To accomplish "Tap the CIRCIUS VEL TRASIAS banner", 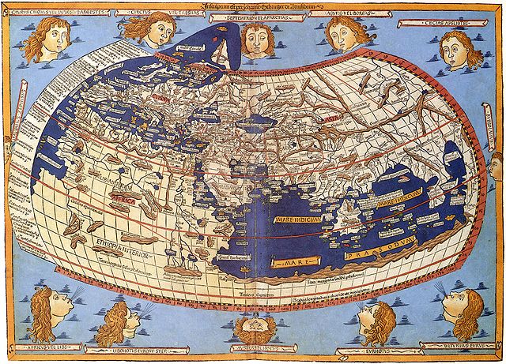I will tap(157, 13).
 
